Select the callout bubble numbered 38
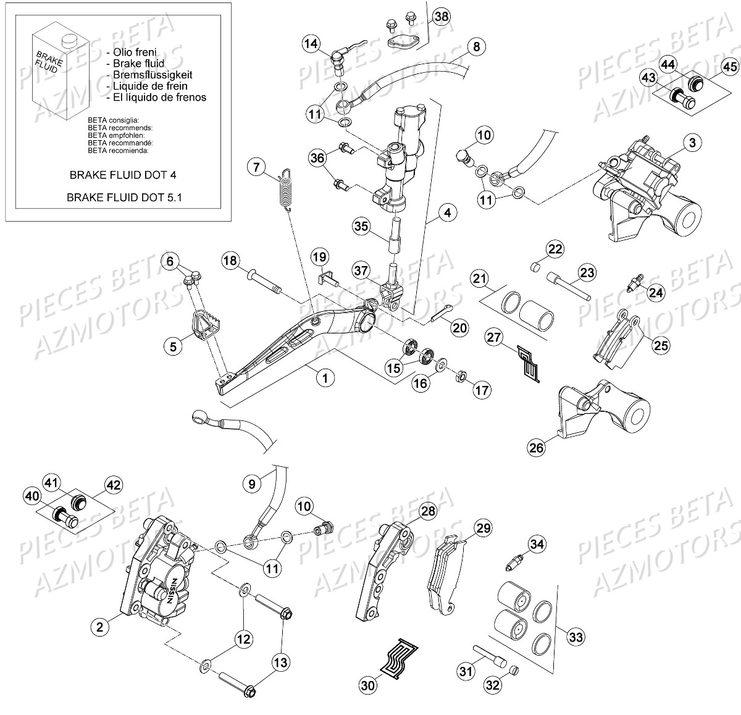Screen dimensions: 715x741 tap(441, 17)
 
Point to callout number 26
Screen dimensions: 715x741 tap(537, 446)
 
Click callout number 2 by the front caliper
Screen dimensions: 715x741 tap(99, 628)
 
